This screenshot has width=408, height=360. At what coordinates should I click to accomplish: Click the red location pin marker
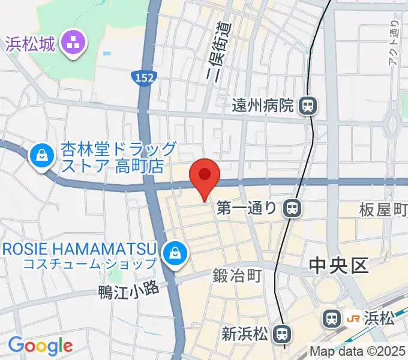[x=205, y=176]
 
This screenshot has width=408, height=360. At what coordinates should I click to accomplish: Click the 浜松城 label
[x=31, y=43]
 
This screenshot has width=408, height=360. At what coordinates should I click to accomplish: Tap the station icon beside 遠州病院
[x=308, y=106]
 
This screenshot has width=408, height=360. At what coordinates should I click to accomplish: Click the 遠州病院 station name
[x=263, y=106]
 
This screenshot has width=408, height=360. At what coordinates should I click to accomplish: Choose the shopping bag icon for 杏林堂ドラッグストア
[x=41, y=155]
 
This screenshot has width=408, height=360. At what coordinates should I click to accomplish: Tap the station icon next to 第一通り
[x=292, y=208]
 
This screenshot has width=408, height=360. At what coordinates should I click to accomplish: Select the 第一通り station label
[x=247, y=208]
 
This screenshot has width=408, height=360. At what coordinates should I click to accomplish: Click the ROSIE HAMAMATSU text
[x=78, y=248]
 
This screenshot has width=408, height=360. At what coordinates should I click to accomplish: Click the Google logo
[x=40, y=346]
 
